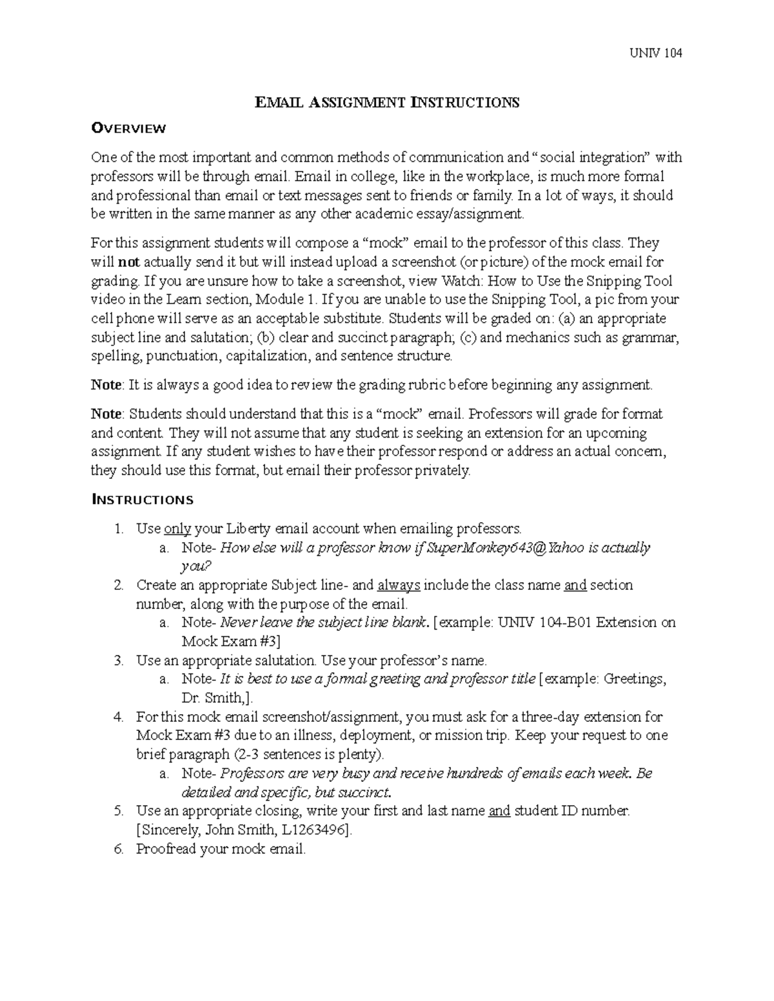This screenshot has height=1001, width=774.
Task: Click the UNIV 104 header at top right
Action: (655, 53)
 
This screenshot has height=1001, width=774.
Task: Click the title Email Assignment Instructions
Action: (387, 102)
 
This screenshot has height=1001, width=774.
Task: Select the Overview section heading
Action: (128, 128)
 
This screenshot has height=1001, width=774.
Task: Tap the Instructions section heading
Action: (142, 500)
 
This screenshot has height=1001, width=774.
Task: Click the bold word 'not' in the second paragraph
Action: (127, 262)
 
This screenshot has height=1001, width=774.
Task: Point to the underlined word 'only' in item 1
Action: (177, 529)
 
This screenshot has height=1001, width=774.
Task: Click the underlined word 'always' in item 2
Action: (399, 585)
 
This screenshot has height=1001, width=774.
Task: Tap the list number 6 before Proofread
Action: (118, 849)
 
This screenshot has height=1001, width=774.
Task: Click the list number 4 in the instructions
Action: (118, 717)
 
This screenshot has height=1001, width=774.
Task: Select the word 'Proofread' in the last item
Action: (166, 849)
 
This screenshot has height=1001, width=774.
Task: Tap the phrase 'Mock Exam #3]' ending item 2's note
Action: (231, 641)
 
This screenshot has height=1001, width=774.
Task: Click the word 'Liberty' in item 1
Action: (248, 529)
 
